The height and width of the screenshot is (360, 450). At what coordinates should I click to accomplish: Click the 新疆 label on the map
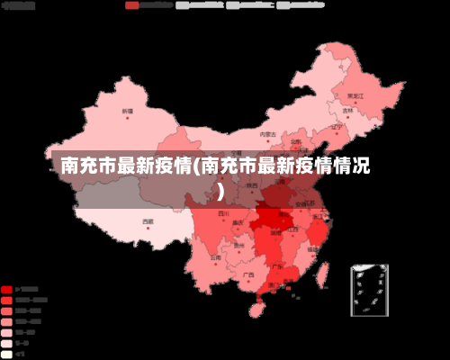[x=127, y=111]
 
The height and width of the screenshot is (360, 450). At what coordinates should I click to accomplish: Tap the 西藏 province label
[x=148, y=220]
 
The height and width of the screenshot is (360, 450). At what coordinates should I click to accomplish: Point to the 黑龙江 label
[x=355, y=94]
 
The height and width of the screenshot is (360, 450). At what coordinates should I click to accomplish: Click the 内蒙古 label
[x=266, y=134]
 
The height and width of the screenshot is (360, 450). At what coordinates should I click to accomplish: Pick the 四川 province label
[x=223, y=214]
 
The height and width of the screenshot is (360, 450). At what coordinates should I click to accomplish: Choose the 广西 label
[x=247, y=274]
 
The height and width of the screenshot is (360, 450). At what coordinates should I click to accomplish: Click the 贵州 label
[x=238, y=244]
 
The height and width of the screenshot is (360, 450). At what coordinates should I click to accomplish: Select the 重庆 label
[x=238, y=221]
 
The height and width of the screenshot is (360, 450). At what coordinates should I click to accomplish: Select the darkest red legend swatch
[x=7, y=290]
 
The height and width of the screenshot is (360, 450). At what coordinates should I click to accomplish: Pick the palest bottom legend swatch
[x=7, y=354]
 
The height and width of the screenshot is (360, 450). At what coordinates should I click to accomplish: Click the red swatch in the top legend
[x=132, y=4]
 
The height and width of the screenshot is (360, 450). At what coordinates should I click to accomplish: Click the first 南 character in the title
[x=71, y=166]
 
